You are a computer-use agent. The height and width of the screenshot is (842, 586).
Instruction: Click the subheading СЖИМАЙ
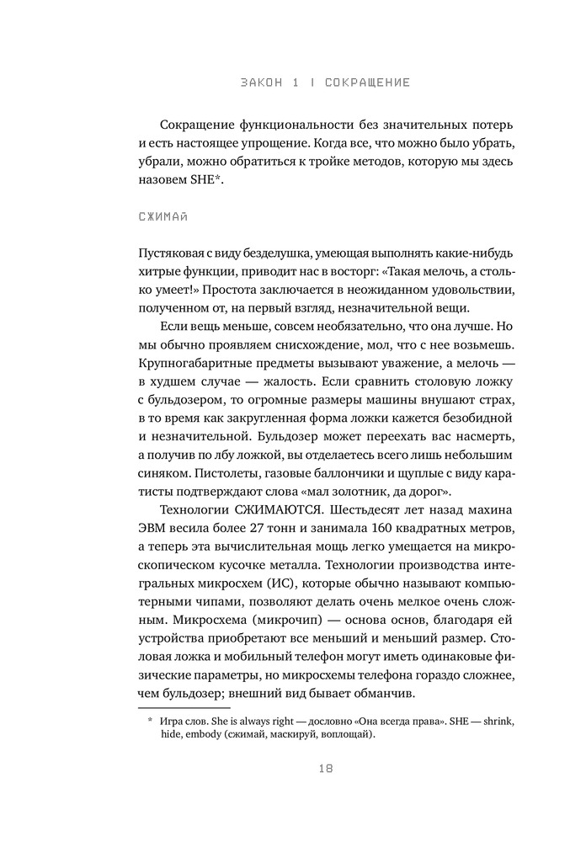coord(162,218)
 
